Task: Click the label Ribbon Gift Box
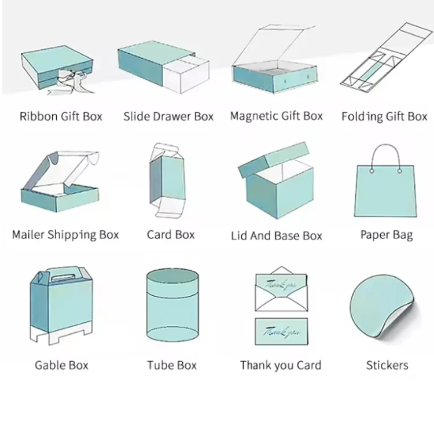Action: pos(61,116)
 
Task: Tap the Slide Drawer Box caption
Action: pos(168,116)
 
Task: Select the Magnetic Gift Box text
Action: pos(276,116)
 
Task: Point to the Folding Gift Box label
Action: pos(384,116)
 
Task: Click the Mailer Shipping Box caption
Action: pos(65,235)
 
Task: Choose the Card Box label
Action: pos(171,235)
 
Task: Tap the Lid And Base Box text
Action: pos(277,236)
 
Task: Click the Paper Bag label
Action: pos(387,235)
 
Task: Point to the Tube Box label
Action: pos(172,365)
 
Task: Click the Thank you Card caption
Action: pos(281,365)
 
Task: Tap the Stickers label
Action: pos(387,365)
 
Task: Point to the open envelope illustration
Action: pos(281,288)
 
